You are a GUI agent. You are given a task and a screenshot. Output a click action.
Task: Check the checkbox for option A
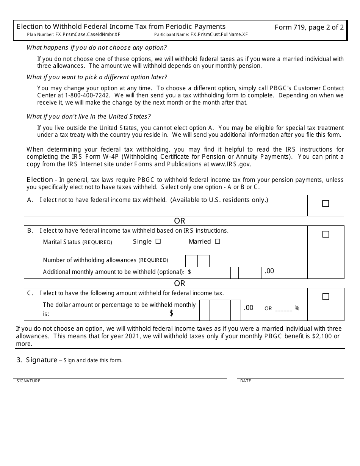326,204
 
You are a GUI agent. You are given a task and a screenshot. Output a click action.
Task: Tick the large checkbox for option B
326,235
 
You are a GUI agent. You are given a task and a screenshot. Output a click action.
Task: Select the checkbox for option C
326,297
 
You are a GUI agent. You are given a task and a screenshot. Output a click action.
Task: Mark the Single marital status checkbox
158,241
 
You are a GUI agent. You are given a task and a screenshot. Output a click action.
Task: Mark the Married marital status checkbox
218,241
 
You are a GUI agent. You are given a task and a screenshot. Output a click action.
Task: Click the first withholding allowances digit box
191,261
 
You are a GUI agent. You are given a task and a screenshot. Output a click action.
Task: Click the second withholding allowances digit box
203,261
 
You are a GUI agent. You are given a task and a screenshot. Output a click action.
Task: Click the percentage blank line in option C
283,309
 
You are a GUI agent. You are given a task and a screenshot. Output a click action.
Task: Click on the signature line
120,375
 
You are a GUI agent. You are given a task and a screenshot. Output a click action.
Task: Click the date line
291,375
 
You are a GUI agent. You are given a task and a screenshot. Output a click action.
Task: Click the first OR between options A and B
180,221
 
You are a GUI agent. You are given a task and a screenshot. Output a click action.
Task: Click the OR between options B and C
180,283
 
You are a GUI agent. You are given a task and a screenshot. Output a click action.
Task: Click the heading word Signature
41,360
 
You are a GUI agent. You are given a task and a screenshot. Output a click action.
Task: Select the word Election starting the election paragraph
40,180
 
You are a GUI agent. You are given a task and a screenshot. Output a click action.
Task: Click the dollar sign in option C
171,313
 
